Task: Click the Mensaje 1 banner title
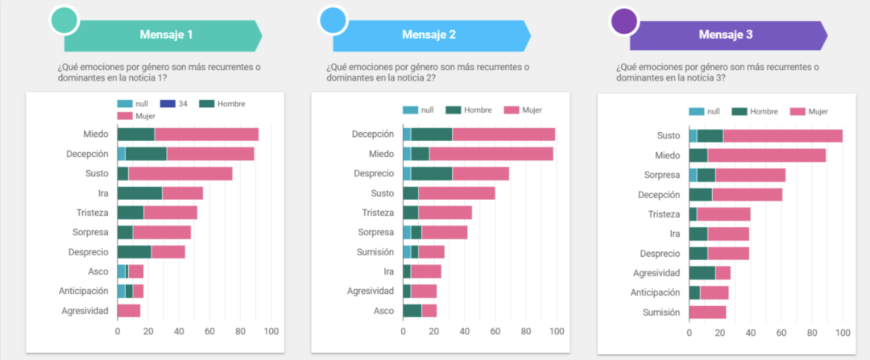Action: [166, 35]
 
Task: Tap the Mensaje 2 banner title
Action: [429, 35]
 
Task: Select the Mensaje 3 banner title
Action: [726, 35]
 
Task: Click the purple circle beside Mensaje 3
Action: [624, 21]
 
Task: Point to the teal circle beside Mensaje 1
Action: [64, 21]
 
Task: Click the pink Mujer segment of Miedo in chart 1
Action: [206, 134]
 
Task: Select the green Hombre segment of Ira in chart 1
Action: [139, 193]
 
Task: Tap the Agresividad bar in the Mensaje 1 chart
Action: [129, 310]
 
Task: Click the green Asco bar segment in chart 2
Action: [412, 310]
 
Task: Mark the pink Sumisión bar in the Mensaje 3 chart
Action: [707, 312]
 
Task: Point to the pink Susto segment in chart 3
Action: [782, 136]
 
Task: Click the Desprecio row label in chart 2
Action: [372, 173]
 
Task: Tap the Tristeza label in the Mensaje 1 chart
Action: [89, 213]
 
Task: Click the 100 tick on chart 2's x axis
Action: [556, 331]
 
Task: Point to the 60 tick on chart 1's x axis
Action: [209, 331]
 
